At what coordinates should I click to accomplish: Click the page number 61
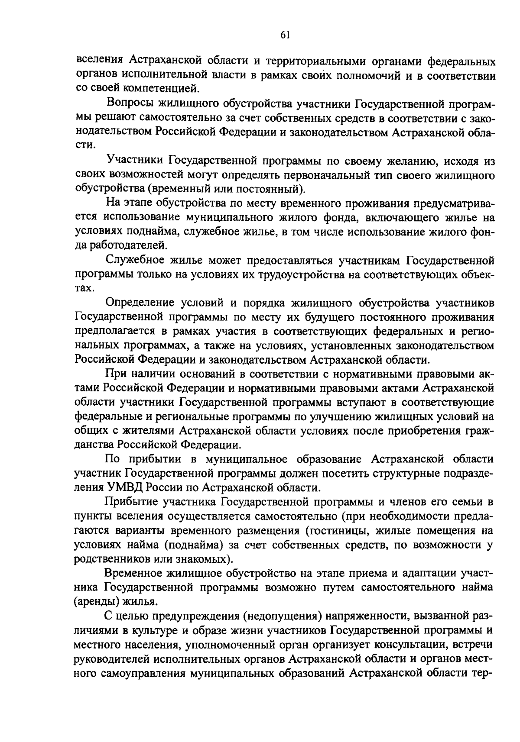(285, 35)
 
